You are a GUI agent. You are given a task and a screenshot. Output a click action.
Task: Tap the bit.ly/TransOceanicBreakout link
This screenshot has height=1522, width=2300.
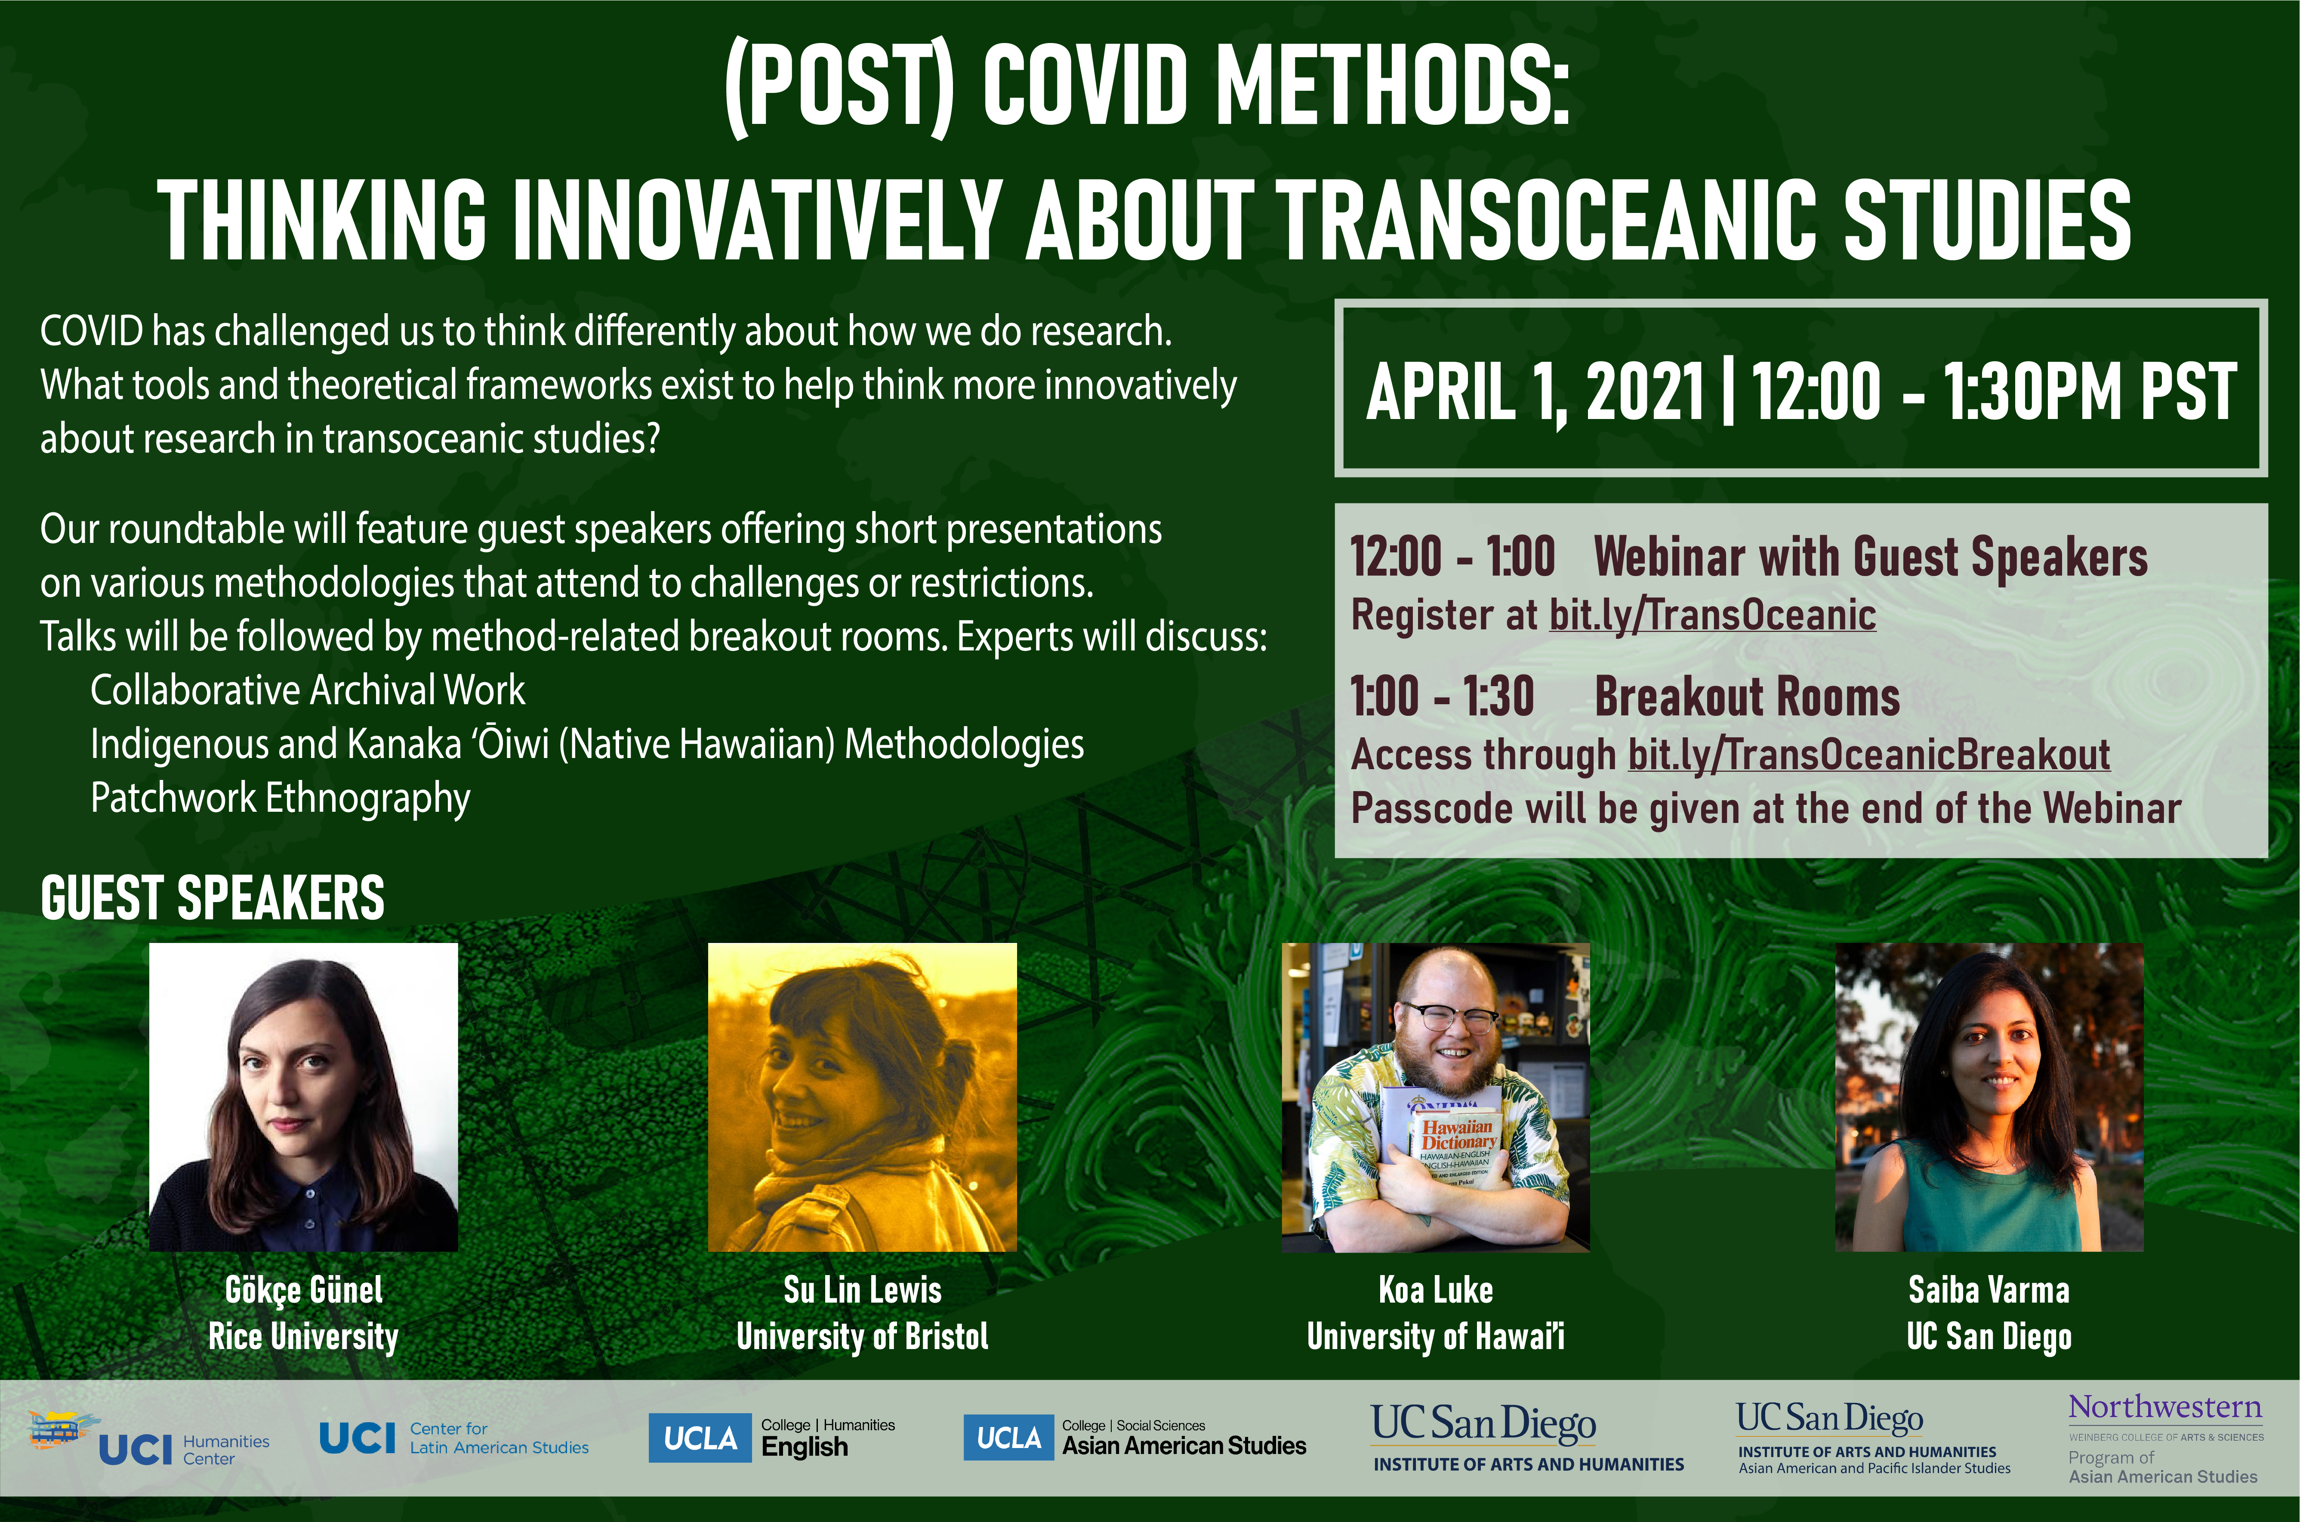tap(1869, 754)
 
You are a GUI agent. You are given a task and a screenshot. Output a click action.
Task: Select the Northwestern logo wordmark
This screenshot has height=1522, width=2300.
tap(2165, 1408)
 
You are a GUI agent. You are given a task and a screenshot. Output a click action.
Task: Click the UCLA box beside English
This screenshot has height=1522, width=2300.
tap(700, 1438)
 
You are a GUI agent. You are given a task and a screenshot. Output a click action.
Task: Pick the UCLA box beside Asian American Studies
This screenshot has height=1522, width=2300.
tap(1008, 1438)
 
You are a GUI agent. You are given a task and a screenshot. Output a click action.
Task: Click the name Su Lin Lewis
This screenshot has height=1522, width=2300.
tap(863, 1290)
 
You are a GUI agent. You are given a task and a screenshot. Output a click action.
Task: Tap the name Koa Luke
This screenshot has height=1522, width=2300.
tap(1436, 1290)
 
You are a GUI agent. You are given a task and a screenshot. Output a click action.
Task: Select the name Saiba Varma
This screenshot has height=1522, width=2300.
tap(1989, 1290)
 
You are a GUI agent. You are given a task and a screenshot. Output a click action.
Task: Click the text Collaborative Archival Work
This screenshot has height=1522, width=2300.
tap(308, 690)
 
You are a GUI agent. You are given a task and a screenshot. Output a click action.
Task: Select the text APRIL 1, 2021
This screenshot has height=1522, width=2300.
tap(1535, 392)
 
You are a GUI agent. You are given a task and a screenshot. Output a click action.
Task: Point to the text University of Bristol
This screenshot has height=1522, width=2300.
tap(863, 1337)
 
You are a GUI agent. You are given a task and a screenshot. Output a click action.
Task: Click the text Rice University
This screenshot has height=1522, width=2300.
tap(304, 1337)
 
